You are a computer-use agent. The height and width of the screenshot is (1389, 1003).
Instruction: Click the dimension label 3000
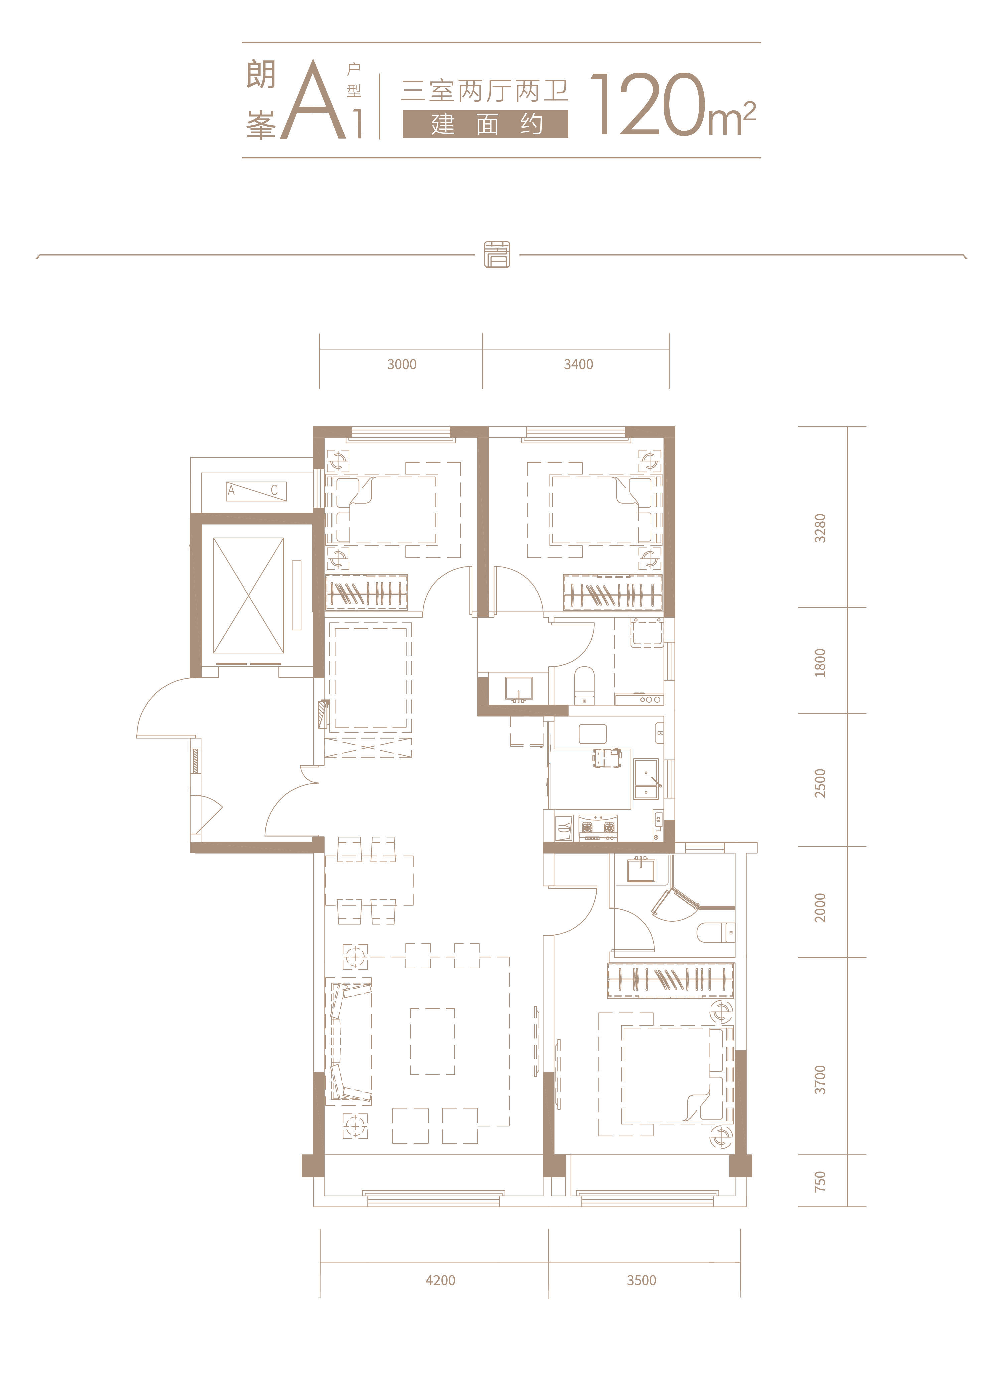[402, 364]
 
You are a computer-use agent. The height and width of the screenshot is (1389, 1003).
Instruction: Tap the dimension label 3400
[578, 364]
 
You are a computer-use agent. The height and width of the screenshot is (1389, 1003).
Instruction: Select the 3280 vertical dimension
[820, 528]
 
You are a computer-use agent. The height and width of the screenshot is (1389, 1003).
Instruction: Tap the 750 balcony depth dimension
[820, 1181]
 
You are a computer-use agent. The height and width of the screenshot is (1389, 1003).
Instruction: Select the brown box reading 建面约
[486, 124]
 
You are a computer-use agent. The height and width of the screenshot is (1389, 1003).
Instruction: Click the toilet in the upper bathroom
[584, 685]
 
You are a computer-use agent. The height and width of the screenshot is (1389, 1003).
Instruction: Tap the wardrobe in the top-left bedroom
[366, 592]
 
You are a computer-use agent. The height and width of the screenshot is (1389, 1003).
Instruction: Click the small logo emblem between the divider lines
[497, 254]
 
